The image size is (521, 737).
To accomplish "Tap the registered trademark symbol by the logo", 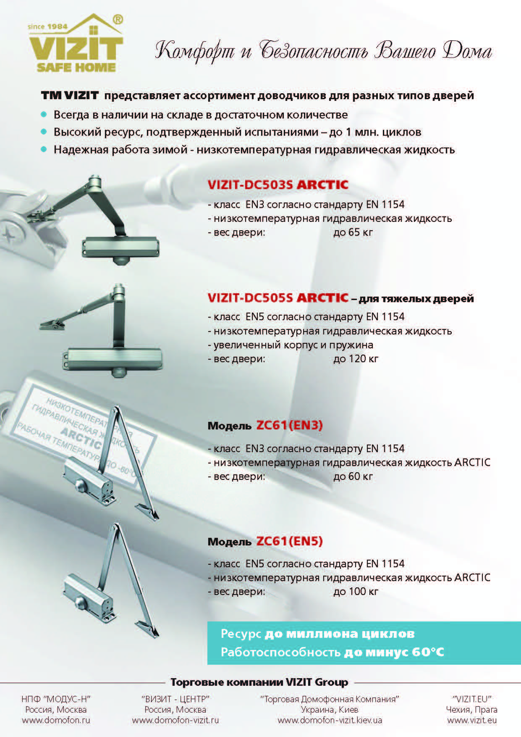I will pyautogui.click(x=118, y=20).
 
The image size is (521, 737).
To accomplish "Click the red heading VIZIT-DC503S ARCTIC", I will pyautogui.click(x=278, y=185).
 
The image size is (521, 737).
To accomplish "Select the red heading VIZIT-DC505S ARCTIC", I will pyautogui.click(x=278, y=298).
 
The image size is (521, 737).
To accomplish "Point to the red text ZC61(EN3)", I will pyautogui.click(x=289, y=426).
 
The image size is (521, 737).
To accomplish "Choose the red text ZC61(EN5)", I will pyautogui.click(x=289, y=541).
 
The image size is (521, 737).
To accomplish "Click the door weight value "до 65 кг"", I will pyautogui.click(x=353, y=232).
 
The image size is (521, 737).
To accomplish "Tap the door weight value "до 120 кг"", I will pyautogui.click(x=356, y=359).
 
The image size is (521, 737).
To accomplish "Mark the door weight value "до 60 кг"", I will pyautogui.click(x=353, y=476).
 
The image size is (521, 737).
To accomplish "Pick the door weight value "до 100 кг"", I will pyautogui.click(x=356, y=592).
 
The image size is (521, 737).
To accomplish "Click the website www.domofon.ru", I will pyautogui.click(x=56, y=720).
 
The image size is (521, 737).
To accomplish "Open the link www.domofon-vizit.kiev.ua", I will pyautogui.click(x=330, y=720).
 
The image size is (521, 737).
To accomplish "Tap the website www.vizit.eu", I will pyautogui.click(x=472, y=720).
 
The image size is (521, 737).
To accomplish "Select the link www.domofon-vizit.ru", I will pyautogui.click(x=175, y=720).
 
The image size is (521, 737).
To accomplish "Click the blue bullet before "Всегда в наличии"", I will pyautogui.click(x=44, y=114).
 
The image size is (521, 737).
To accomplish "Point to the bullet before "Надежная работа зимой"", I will pyautogui.click(x=44, y=149).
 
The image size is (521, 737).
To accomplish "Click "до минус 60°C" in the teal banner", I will pyautogui.click(x=394, y=652).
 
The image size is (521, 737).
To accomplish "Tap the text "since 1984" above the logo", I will pyautogui.click(x=47, y=26).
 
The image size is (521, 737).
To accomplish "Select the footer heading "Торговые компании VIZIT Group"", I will pyautogui.click(x=259, y=682).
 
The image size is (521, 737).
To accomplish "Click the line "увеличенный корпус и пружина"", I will pyautogui.click(x=293, y=345).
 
